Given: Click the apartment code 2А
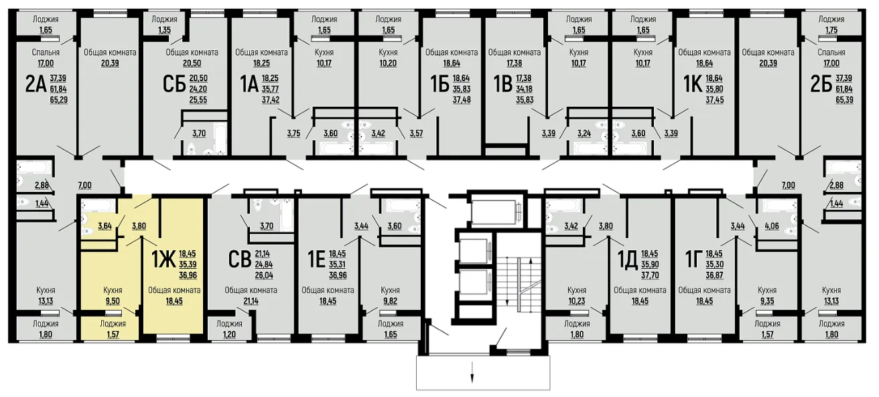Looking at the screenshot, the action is coord(36,85).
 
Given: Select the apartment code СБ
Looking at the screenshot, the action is coord(174,85).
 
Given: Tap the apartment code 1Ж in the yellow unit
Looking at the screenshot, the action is coord(163,260).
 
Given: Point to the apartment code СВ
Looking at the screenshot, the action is coord(240,260).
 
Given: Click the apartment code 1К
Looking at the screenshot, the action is coord(693,85).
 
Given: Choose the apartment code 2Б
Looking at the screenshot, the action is coord(821,85).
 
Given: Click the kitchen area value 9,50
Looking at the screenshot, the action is coord(113,301).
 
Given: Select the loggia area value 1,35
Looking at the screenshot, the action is coord(164,30).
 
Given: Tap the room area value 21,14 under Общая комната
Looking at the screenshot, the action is coord(251,301).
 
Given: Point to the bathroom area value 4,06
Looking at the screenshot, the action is coord(772,226).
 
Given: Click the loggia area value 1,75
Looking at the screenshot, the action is coord(831,30).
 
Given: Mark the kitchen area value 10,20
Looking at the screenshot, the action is coord(388,63).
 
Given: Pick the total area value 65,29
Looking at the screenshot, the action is coord(59,100).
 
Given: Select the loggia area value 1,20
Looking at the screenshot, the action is coord(229,335).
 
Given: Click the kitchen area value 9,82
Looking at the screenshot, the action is coord(390,301).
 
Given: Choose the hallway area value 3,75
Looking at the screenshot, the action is coord(293,133).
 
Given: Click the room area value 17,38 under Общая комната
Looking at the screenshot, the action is coord(514,63).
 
